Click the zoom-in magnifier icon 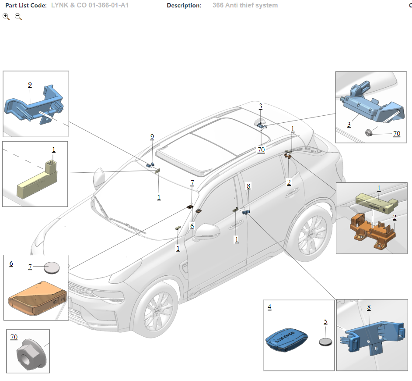(x=6, y=17)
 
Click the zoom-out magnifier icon (x=18, y=17)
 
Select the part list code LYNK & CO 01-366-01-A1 (x=90, y=5)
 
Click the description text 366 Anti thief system (x=245, y=5)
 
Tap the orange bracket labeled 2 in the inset (x=372, y=230)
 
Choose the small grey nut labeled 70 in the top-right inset (x=370, y=132)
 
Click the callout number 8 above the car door (x=248, y=186)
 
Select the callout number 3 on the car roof (x=260, y=106)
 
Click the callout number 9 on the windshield (x=152, y=137)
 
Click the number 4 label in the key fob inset (x=269, y=307)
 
